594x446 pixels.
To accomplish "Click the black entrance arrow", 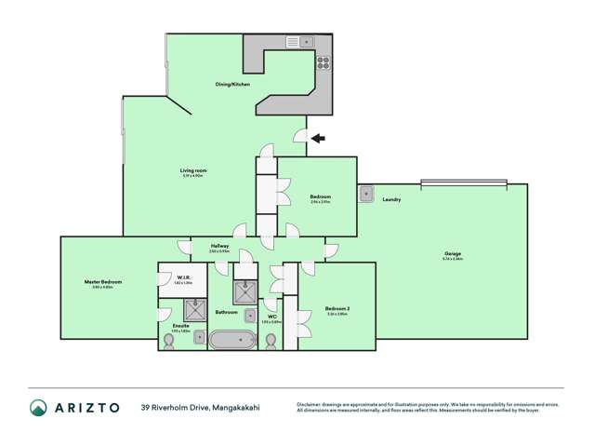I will [318, 139].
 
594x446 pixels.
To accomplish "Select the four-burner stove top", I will [323, 63].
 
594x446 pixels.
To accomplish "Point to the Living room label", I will [193, 170].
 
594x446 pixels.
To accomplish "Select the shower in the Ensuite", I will [196, 309].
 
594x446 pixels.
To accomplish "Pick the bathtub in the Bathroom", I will [232, 340].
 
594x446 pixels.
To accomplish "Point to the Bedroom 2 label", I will [337, 308].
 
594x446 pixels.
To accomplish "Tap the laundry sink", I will [366, 194].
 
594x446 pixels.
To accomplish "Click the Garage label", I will [453, 253].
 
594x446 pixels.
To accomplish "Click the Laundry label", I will [390, 199].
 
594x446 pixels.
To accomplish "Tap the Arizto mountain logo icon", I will [38, 407].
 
